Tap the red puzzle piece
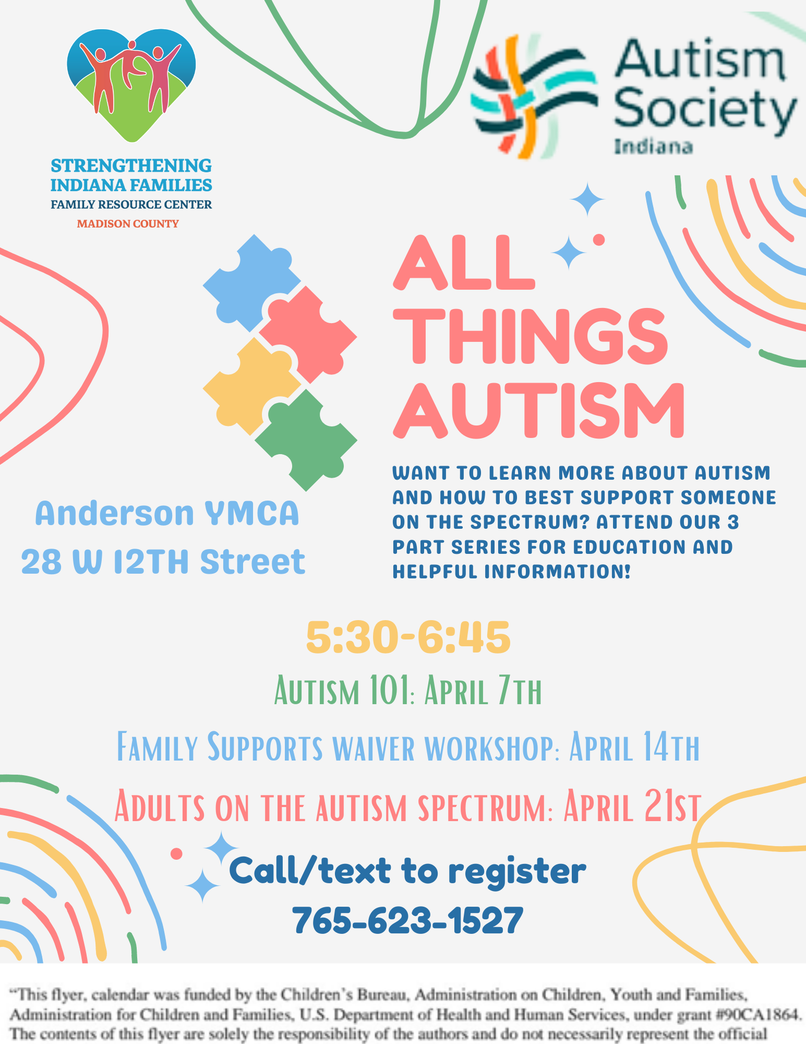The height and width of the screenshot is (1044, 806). click(x=308, y=334)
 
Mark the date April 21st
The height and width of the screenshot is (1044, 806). click(x=631, y=806)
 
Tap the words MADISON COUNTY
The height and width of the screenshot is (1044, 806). click(x=128, y=224)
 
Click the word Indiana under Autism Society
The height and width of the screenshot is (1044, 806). click(x=653, y=147)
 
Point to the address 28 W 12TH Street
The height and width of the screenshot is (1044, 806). click(x=163, y=562)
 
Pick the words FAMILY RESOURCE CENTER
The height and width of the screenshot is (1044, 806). click(x=131, y=205)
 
